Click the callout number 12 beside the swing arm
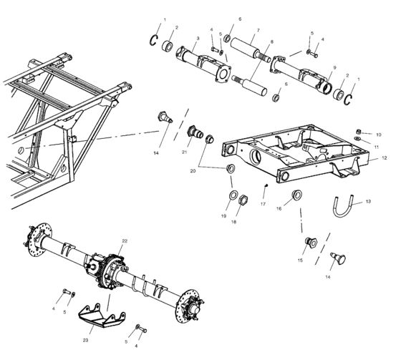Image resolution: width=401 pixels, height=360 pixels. [x=383, y=158]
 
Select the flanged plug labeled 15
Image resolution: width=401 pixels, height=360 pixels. [x=311, y=242]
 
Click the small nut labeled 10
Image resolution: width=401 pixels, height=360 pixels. [x=359, y=130]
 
